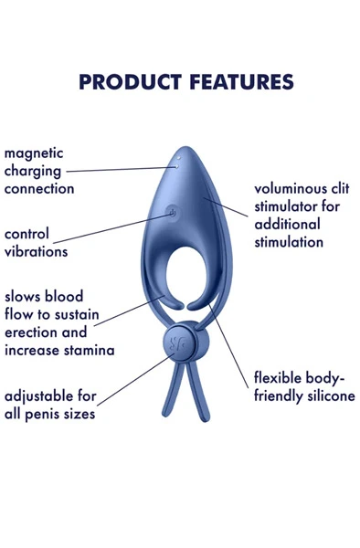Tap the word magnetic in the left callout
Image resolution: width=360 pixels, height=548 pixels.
tap(35, 153)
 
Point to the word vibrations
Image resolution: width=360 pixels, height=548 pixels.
tap(36, 250)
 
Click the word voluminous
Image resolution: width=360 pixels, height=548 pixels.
tap(292, 189)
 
